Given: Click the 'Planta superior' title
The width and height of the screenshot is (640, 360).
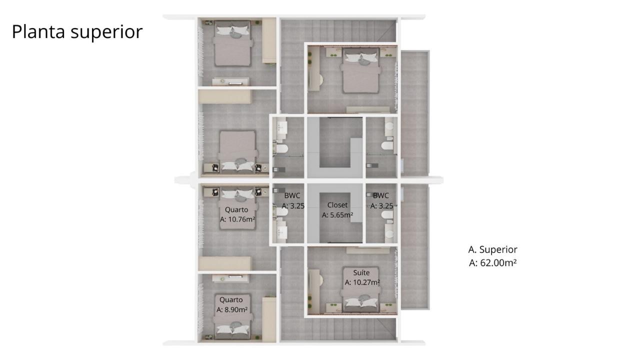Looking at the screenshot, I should coord(77,31).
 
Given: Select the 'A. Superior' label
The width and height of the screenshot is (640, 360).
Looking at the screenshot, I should coord(492,249).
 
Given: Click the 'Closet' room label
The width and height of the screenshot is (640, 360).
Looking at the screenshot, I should coord(337,205).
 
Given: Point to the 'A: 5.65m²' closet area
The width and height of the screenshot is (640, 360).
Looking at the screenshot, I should coord(337,215).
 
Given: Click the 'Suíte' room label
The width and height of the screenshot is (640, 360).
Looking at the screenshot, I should coord(361,273).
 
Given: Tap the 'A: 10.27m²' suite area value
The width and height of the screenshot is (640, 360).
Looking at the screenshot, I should coord(362,282).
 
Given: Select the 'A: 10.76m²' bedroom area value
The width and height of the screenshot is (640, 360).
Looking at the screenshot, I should coord(237,219).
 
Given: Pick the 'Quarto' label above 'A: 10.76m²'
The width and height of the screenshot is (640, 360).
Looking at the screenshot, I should coord(237,209).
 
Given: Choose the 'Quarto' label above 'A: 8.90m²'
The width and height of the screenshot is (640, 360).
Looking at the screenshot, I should coord(231,300).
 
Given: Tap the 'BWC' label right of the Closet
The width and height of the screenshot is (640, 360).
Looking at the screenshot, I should coord(381,195).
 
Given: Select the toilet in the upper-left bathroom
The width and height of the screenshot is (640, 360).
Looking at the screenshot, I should coord(281,149).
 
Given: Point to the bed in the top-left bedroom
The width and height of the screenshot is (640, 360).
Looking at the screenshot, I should coord(232,43).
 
